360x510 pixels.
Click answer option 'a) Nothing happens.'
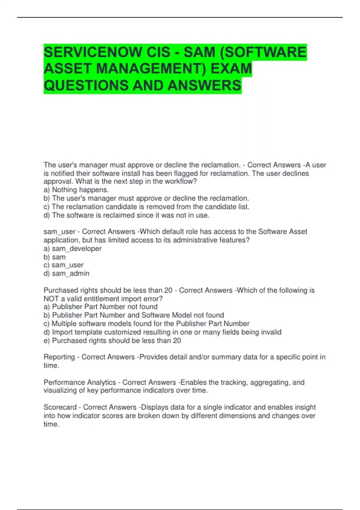click(76, 190)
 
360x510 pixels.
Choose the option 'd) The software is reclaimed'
click(126, 215)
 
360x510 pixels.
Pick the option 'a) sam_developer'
click(73, 249)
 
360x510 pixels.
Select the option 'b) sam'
click(55, 257)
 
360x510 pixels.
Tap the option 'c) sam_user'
click(64, 265)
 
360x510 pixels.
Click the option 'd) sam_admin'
click(66, 274)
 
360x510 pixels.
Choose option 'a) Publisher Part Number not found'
click(100, 307)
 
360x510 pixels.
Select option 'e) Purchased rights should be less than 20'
click(112, 341)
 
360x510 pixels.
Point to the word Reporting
click(59, 357)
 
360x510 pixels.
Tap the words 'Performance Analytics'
click(80, 382)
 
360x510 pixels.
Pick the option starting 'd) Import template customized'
click(162, 332)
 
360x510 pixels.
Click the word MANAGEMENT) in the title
click(151, 69)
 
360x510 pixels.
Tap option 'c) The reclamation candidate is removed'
click(146, 207)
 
